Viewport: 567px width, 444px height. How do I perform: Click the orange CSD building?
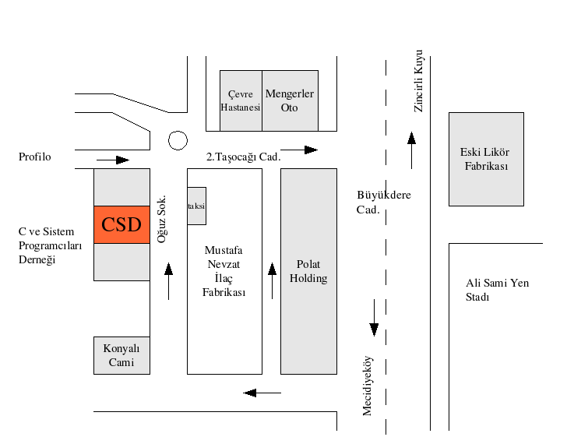[x=121, y=224]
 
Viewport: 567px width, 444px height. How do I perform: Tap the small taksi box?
[x=197, y=206]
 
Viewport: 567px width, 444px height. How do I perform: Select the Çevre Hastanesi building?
[x=241, y=100]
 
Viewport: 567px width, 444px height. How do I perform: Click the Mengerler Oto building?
[x=290, y=100]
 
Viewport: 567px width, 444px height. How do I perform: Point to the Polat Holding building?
[x=308, y=271]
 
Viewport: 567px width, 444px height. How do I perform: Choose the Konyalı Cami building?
[x=121, y=355]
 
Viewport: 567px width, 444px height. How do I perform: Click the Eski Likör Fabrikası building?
[x=486, y=159]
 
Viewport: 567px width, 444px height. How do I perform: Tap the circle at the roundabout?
[x=178, y=140]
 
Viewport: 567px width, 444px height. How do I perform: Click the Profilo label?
[x=35, y=157]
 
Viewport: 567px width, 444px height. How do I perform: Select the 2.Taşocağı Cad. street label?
[x=243, y=157]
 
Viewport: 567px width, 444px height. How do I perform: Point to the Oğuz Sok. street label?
[x=162, y=219]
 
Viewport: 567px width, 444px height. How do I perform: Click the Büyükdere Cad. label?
[x=384, y=202]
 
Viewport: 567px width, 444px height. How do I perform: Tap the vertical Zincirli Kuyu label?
[x=418, y=81]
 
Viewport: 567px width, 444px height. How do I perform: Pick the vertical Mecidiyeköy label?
[x=367, y=386]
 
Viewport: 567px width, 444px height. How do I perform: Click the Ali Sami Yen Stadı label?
[x=497, y=290]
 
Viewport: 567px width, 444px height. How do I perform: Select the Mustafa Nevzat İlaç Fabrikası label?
[x=224, y=271]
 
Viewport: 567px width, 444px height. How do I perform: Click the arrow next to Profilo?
[x=113, y=160]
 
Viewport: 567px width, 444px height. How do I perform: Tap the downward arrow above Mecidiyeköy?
[x=374, y=318]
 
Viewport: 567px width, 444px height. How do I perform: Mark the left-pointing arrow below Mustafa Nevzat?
[x=262, y=393]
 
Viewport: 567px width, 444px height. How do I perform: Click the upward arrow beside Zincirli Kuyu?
[x=411, y=150]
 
